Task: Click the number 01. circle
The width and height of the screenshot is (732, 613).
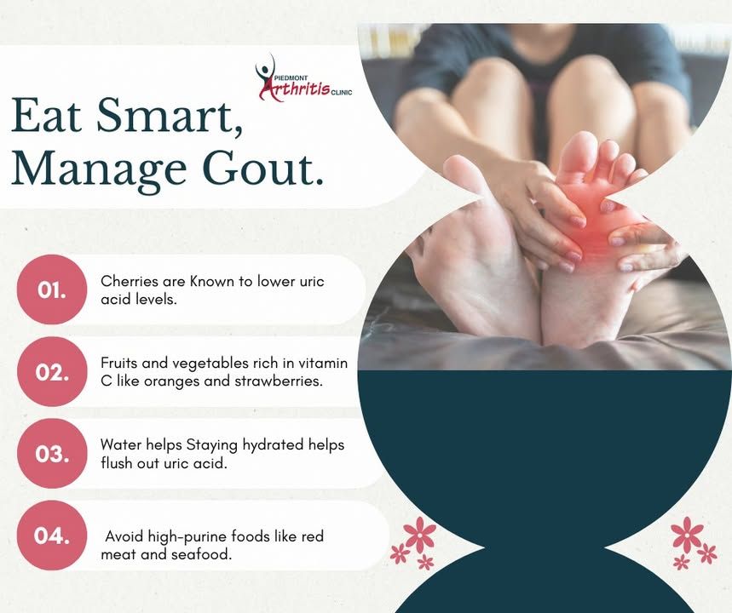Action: tap(52, 289)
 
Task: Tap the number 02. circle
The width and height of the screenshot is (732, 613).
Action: tap(52, 372)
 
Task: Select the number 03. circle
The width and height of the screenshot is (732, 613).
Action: tap(52, 454)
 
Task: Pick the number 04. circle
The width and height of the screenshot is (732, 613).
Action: tap(52, 535)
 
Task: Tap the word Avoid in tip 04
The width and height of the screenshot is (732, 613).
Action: tap(124, 536)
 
